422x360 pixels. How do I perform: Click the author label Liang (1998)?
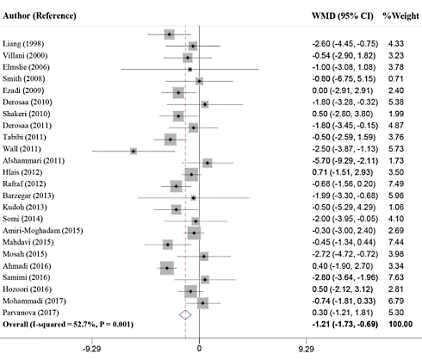coord(27,43)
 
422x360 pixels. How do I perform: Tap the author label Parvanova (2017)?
coord(36,313)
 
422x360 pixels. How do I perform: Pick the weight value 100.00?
coord(396,325)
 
